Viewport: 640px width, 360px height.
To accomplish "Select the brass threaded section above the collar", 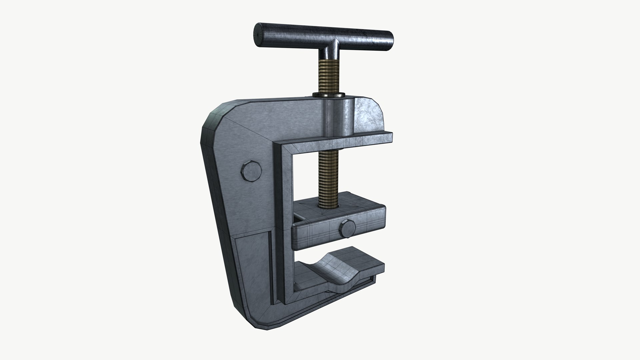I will click(329, 77).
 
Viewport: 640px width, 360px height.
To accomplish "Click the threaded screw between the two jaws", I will click(329, 173).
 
